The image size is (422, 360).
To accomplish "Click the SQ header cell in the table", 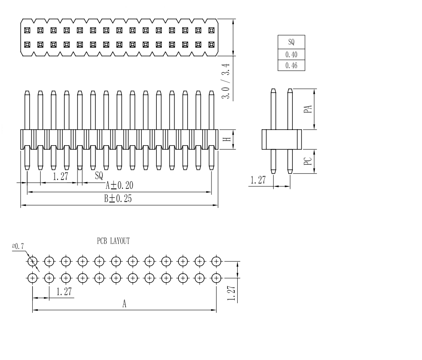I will (x=291, y=42).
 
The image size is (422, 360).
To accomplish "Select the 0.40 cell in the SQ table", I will (x=291, y=54).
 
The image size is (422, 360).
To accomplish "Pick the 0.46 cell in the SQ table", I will (x=291, y=66).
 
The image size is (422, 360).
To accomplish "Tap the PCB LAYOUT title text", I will (x=114, y=241).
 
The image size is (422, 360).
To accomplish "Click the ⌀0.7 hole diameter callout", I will (x=18, y=246).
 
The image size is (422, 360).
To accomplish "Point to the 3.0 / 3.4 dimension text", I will (x=226, y=81).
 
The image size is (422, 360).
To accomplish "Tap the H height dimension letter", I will (x=227, y=139).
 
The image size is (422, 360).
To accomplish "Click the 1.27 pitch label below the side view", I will (x=258, y=180).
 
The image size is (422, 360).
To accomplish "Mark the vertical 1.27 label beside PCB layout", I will (x=231, y=293).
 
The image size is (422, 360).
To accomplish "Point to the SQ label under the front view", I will (x=99, y=174).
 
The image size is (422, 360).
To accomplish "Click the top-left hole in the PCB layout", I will (x=33, y=261).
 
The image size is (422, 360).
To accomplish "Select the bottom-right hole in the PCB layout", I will (x=217, y=278).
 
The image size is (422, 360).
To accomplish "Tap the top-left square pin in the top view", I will (x=27, y=30).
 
